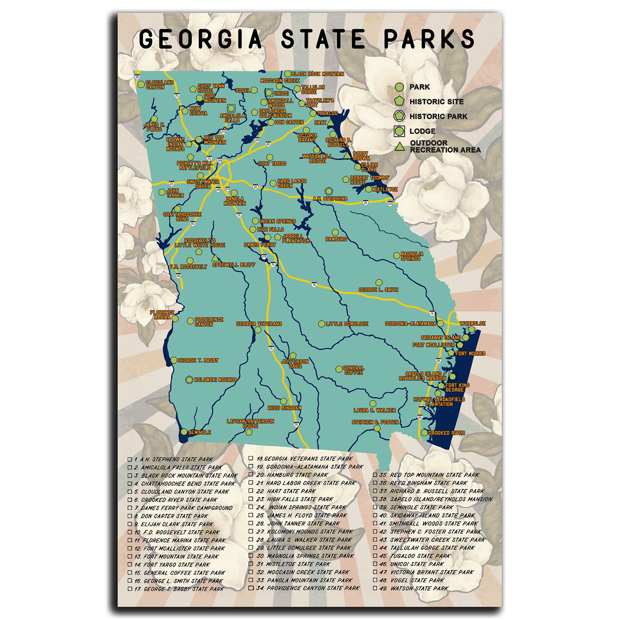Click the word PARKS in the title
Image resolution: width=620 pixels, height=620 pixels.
tap(429, 38)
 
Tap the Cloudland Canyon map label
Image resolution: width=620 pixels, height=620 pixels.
tap(159, 85)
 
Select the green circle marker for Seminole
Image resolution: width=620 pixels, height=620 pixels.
tap(184, 432)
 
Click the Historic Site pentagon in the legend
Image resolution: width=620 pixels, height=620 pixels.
tap(399, 101)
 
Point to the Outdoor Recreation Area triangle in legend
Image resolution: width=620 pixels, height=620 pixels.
tap(399, 147)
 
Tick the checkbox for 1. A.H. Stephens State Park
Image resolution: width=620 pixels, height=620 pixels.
tap(130, 459)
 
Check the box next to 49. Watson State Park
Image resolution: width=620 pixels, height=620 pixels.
tap(375, 588)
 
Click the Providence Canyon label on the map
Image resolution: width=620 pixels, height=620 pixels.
tap(209, 322)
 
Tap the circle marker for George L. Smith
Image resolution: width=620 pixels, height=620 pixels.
tap(379, 282)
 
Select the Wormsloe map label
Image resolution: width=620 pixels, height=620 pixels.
tap(472, 323)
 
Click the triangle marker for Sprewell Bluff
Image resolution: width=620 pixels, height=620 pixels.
tap(215, 258)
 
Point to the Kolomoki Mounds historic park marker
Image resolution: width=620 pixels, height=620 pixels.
tap(189, 380)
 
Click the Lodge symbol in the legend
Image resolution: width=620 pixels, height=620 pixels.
tap(399, 131)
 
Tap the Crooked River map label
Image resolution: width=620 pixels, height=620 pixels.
tap(446, 433)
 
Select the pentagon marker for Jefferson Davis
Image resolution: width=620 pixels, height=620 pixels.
tap(293, 355)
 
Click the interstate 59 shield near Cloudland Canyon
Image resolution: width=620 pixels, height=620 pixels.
tap(137, 77)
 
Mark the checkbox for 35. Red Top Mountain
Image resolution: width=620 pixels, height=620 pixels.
tap(375, 475)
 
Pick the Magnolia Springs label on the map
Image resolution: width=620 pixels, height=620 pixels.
tap(412, 256)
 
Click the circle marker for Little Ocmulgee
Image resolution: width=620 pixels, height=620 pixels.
tap(321, 324)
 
